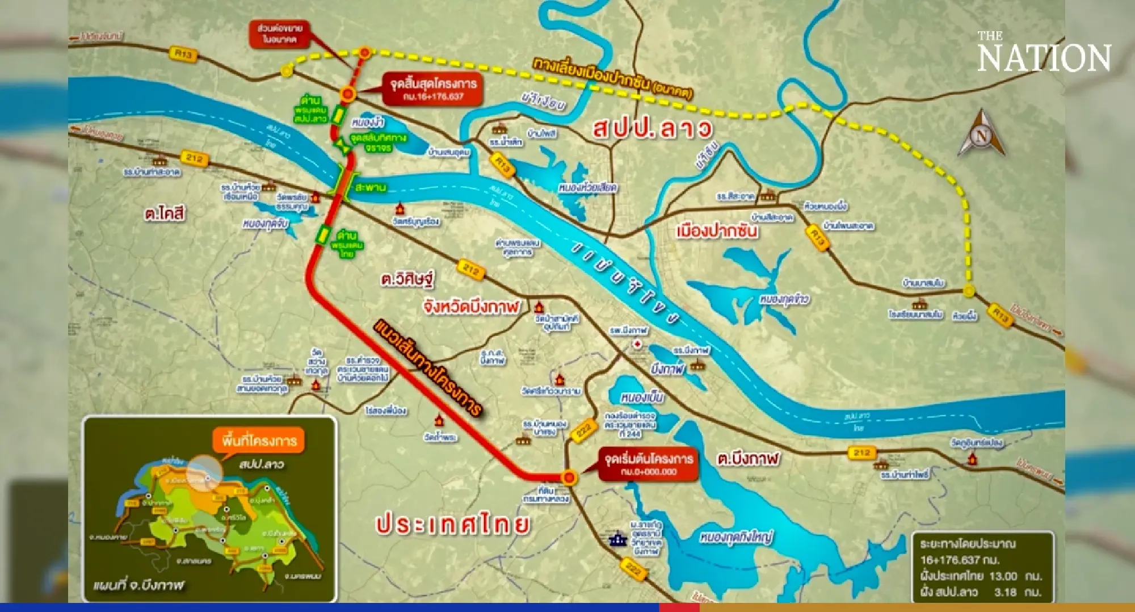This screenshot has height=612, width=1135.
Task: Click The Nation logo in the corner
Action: pyautogui.click(x=1043, y=53)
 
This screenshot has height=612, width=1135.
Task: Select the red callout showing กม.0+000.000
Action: pyautogui.click(x=648, y=464)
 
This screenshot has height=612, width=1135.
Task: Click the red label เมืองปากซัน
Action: pyautogui.click(x=717, y=231)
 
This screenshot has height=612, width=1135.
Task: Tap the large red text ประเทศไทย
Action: pyautogui.click(x=453, y=524)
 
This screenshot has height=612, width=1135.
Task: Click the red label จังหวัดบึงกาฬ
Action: pyautogui.click(x=471, y=307)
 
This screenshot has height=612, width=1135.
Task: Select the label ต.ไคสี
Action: pyautogui.click(x=165, y=214)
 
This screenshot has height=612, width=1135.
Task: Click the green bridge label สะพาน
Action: pyautogui.click(x=371, y=187)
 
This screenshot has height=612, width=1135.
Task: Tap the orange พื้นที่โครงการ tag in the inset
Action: pyautogui.click(x=259, y=441)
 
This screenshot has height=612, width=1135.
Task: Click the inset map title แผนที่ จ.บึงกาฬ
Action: pyautogui.click(x=139, y=585)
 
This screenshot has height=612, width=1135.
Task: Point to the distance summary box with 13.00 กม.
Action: pyautogui.click(x=982, y=567)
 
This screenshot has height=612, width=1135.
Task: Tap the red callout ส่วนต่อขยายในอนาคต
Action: pyautogui.click(x=280, y=34)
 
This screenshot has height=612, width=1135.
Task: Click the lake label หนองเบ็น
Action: pyautogui.click(x=642, y=397)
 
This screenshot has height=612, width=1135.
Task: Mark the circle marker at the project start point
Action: pyautogui.click(x=569, y=477)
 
